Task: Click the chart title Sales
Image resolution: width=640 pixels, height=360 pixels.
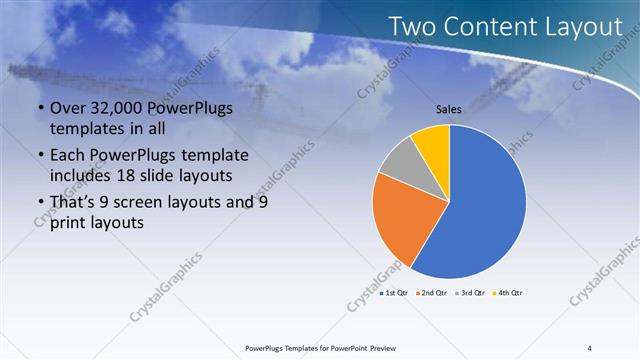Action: [x=449, y=110]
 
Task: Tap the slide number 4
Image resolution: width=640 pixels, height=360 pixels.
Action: [x=590, y=347]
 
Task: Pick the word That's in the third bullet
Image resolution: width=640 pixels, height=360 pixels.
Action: [x=74, y=203]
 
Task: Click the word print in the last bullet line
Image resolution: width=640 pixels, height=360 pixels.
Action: [x=71, y=223]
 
